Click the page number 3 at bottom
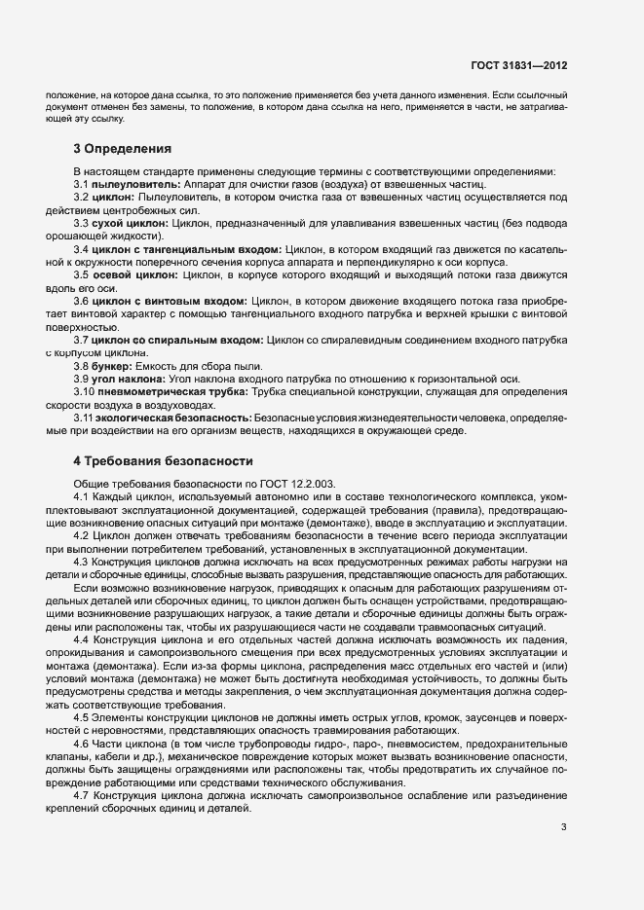(x=564, y=827)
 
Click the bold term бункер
(x=115, y=365)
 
